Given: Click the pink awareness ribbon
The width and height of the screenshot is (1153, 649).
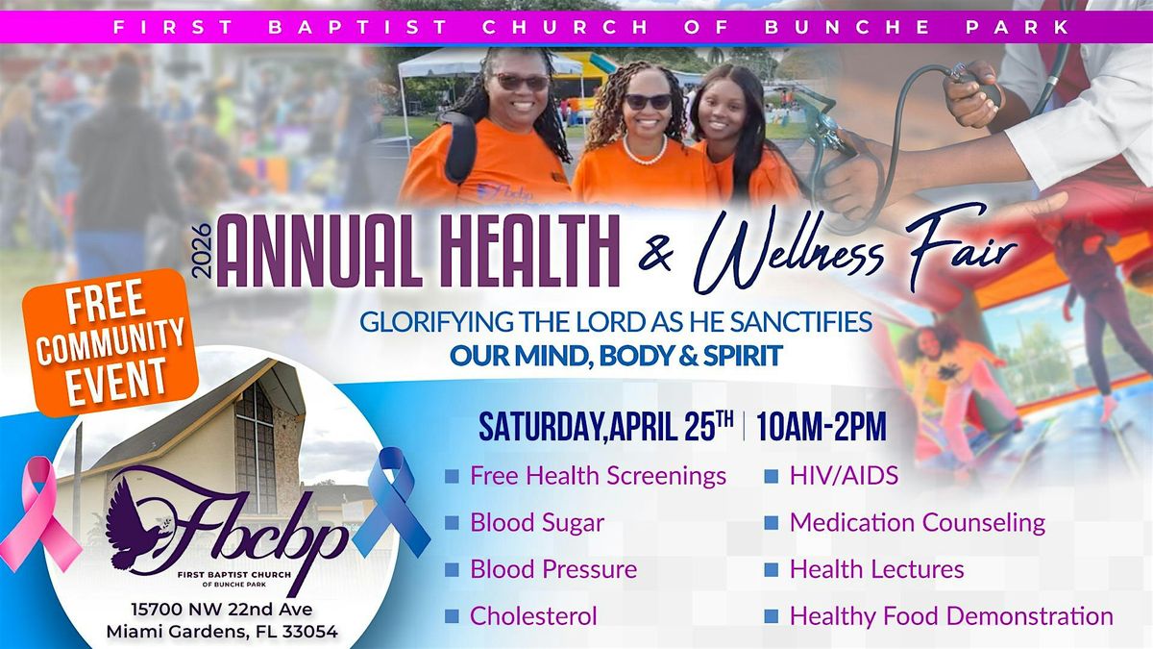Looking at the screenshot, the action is [38, 515].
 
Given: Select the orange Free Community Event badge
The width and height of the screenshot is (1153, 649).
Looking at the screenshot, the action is [110, 341].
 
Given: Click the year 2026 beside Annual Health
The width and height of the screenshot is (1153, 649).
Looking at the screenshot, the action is [204, 251].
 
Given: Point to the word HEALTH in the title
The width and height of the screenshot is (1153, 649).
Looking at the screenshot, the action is [530, 251].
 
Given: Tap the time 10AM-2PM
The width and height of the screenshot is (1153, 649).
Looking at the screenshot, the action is [822, 427].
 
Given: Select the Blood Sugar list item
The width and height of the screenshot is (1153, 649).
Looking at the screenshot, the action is [537, 522].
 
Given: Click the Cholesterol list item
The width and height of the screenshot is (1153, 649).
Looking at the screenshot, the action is [533, 616].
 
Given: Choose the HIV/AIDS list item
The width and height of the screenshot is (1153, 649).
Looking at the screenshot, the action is [845, 475].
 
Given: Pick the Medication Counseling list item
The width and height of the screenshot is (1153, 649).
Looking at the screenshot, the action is [918, 522].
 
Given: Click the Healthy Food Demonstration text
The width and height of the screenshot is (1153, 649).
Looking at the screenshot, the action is [952, 616].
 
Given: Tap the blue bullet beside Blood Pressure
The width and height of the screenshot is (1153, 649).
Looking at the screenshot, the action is [452, 569].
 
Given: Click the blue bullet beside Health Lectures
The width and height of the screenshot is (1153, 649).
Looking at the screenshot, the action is [771, 569].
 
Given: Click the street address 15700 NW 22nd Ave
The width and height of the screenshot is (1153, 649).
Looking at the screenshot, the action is [222, 610].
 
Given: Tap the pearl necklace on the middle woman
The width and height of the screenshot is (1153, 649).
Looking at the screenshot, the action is [645, 153].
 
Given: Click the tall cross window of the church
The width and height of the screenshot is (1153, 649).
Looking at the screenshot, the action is [256, 447].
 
